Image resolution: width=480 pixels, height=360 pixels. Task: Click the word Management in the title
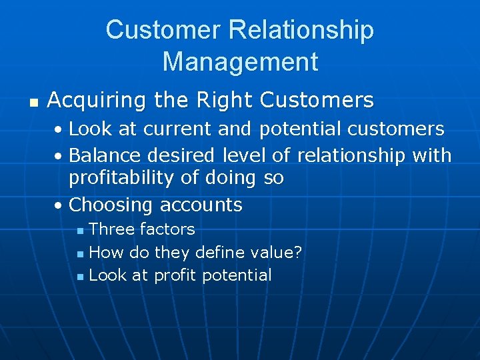tap(240, 62)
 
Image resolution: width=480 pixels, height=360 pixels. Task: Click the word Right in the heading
tap(218, 101)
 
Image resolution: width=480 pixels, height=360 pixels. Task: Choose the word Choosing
tap(111, 205)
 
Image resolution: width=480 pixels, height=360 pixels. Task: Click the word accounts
tap(200, 205)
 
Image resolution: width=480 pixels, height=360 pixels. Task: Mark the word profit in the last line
tap(175, 275)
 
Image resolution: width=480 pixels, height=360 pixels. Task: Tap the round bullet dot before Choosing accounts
tap(59, 206)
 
